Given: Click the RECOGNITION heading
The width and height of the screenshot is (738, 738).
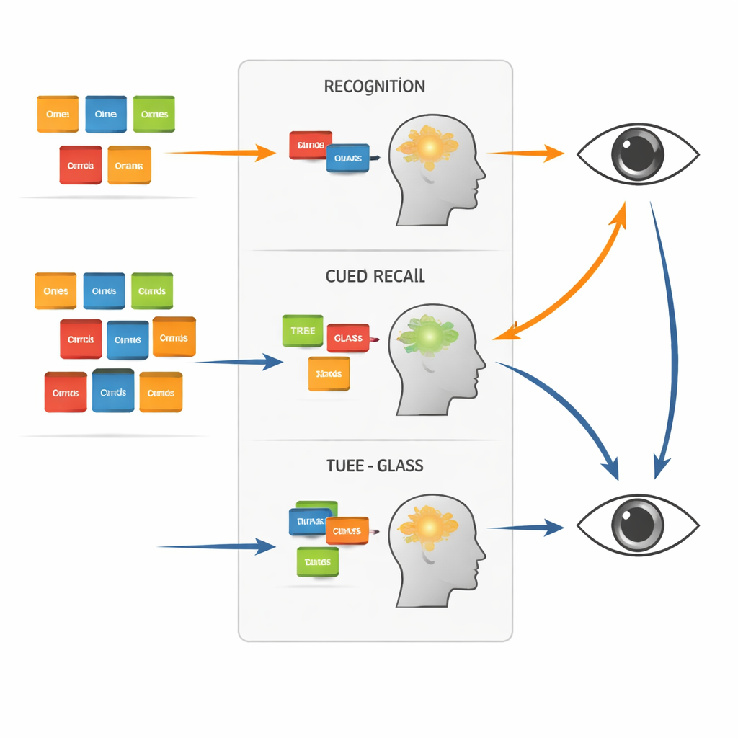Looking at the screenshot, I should pos(374,87).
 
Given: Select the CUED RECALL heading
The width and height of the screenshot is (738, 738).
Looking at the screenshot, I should pos(375,276).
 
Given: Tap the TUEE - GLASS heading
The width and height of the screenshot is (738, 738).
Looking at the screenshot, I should pos(375,466).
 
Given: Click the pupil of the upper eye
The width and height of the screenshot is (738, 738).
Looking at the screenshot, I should pos(637,153).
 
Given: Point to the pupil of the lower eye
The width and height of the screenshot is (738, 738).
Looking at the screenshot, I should pos(637,524).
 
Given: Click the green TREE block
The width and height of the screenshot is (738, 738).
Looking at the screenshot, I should pos(303,331).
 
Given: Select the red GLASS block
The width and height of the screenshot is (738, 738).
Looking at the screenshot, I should pos(348,338).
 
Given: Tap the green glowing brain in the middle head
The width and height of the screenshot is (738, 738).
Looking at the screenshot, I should pos(430,334).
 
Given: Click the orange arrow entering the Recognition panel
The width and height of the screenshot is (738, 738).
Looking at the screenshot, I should pos(220,153).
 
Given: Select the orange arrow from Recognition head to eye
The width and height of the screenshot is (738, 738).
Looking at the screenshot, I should pos(525,153).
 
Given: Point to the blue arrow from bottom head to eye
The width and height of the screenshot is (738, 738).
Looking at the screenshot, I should pos(525,528).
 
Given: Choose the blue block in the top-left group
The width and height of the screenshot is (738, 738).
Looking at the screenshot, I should pos(106,115).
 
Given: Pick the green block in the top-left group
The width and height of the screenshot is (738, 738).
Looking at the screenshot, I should pos(154,115).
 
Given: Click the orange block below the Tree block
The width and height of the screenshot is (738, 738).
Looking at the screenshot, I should pos(329,374).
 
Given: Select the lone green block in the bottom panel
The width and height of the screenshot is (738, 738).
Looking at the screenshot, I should pos(317,561).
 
